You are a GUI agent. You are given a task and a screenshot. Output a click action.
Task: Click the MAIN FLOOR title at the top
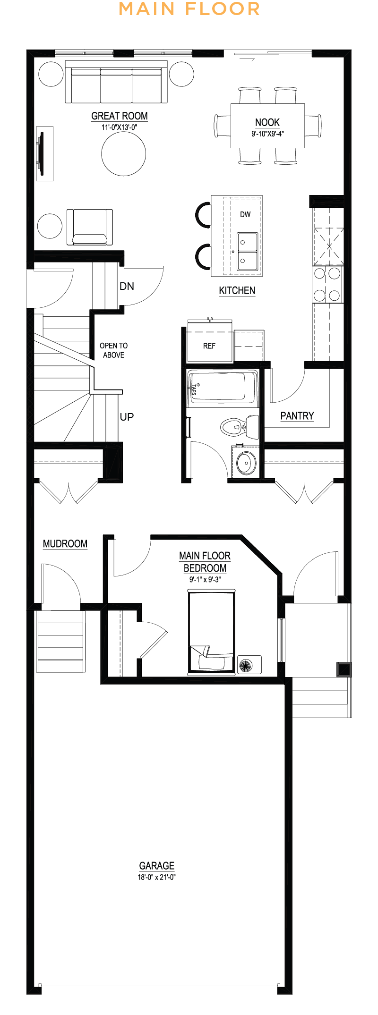tap(189, 9)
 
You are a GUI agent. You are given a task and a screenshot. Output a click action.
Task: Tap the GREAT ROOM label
tap(120, 116)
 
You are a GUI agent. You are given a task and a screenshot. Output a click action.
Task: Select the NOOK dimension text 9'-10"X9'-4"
tap(267, 134)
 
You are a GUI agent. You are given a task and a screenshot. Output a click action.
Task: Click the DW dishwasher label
tap(245, 214)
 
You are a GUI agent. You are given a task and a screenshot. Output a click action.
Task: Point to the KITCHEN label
tap(237, 291)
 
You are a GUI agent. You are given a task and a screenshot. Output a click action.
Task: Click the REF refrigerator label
tap(209, 346)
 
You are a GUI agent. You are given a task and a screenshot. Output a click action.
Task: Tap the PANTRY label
tap(297, 416)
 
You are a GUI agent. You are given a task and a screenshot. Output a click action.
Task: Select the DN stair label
tap(127, 286)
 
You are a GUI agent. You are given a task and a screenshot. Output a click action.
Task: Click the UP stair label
tap(127, 417)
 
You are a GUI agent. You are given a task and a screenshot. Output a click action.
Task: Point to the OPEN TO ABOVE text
tap(114, 350)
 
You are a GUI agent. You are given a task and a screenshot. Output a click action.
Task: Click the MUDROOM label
tap(65, 544)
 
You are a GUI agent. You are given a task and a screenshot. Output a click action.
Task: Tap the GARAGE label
tap(157, 866)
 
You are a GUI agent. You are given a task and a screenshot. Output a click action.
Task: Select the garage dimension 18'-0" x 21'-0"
tap(157, 877)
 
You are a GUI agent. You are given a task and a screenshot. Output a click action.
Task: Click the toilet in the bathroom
tap(240, 426)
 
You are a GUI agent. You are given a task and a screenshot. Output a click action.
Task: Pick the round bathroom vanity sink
tap(246, 462)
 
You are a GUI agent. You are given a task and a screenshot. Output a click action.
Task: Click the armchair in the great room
tap(90, 227)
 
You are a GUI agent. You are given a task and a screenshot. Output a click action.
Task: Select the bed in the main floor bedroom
tap(211, 632)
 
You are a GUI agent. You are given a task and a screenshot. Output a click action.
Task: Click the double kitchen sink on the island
tap(247, 252)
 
